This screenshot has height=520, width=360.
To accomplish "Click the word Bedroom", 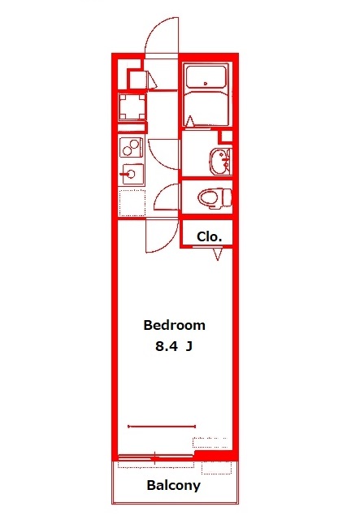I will point(174,325).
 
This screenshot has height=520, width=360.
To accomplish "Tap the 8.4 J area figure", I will point(174,347).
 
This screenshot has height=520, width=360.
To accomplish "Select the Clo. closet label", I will point(210,236).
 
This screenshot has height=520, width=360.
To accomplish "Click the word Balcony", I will point(173,486).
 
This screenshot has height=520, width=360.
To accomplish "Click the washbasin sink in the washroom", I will point(218,161).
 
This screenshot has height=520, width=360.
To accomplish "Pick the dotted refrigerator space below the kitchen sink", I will point(131,203).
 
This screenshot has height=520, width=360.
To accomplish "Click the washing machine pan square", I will point(132,107).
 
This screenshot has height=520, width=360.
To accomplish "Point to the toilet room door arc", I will point(168,197).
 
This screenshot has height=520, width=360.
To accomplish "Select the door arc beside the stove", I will point(163,151).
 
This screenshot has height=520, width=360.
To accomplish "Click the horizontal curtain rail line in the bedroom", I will point(162,426).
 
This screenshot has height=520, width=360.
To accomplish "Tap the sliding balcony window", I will point(154,459).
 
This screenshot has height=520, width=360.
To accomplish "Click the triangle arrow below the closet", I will point(218,253).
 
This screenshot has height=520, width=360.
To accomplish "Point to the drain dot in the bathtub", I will point(206,83).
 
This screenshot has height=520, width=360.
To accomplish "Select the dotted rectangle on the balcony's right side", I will point(215,468).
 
